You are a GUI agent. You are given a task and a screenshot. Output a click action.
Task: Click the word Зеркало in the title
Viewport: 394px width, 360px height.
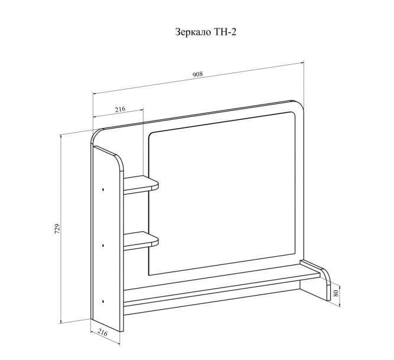[193, 32]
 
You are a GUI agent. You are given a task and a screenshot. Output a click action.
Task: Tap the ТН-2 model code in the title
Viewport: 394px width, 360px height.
[225, 32]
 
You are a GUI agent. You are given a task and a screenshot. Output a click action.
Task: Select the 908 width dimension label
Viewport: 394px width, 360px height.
[197, 74]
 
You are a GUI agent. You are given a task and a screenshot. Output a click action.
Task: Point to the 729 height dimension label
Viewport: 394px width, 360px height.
[57, 229]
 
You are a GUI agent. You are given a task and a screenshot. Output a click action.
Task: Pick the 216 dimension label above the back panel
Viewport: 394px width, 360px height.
[120, 109]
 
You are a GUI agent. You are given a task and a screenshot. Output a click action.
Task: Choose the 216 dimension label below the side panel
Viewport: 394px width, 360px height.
[102, 332]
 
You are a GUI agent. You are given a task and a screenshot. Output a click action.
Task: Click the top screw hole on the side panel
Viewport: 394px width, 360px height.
[103, 189]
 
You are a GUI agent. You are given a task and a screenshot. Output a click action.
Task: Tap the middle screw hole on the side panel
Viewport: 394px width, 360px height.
[103, 246]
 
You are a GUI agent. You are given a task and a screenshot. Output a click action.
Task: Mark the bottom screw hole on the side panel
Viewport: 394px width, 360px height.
[103, 301]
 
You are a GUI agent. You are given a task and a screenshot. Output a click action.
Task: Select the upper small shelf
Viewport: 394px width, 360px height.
[141, 185]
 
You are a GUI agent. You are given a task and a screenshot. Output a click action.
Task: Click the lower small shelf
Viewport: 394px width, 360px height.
[141, 241]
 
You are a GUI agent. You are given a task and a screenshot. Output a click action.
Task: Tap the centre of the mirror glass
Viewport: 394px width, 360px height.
[222, 194]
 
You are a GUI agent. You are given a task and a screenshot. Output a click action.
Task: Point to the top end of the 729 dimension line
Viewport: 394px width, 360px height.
[61, 135]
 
